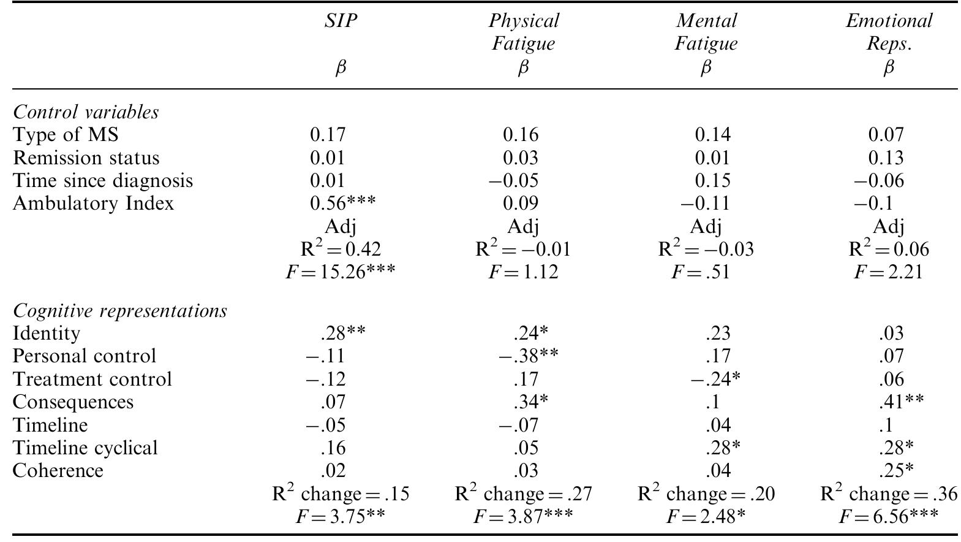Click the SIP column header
click(x=341, y=21)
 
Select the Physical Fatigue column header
click(x=523, y=32)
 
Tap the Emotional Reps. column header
click(x=889, y=32)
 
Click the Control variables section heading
click(x=86, y=112)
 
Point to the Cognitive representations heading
click(x=120, y=311)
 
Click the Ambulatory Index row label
click(x=93, y=203)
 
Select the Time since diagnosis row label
click(x=103, y=181)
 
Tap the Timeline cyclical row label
click(x=85, y=448)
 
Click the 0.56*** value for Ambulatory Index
click(x=342, y=203)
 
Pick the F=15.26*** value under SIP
click(x=341, y=271)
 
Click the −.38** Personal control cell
click(x=528, y=356)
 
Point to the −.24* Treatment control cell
click(x=715, y=379)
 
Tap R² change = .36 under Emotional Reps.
click(x=889, y=494)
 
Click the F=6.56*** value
click(x=888, y=516)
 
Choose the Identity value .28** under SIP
click(x=342, y=334)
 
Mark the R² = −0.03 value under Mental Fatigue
click(x=706, y=249)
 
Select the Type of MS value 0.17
click(x=328, y=134)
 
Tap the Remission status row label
click(x=86, y=158)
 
